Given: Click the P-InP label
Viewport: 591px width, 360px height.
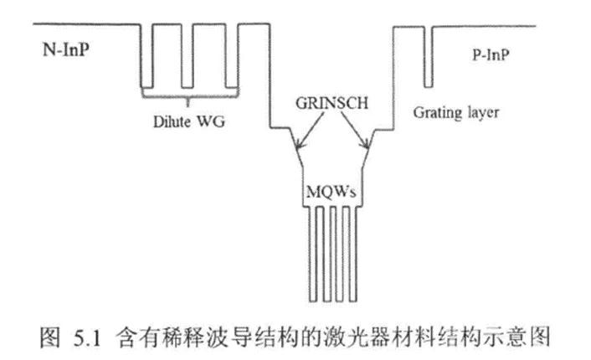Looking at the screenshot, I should pos(494,54).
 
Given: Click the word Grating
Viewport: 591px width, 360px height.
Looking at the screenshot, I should pos(438,111).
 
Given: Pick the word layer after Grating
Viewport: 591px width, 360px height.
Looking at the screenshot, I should pos(482,112).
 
